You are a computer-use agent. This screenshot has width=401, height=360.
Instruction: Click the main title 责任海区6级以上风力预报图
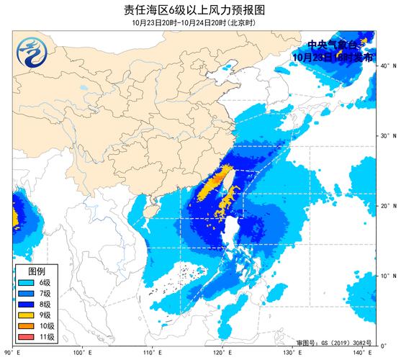[x=200, y=9]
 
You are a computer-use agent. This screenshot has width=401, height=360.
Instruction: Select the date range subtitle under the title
[x=200, y=22]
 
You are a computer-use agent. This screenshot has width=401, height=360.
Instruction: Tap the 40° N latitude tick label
[x=387, y=66]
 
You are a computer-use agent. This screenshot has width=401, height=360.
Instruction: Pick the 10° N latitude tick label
[x=387, y=276]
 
